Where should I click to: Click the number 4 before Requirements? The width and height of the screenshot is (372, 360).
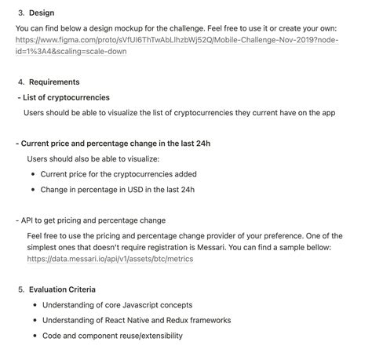[20, 82]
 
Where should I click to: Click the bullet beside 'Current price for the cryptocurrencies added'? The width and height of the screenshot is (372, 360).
[32, 174]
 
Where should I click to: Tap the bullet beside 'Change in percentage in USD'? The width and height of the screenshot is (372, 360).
[32, 189]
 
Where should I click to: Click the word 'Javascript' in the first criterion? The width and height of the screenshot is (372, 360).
[151, 304]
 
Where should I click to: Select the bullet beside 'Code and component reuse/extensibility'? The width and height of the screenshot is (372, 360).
[32, 336]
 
